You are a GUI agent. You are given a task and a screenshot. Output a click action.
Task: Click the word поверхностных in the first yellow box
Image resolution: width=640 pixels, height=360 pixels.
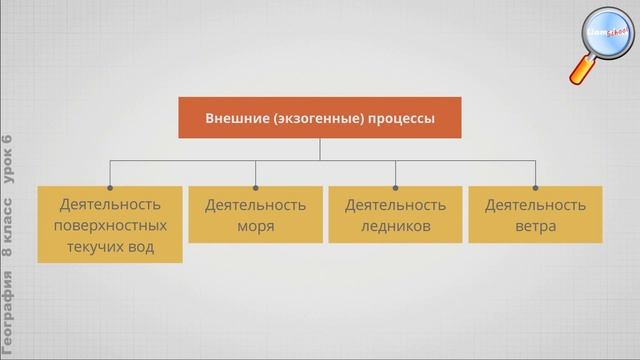click(110, 226)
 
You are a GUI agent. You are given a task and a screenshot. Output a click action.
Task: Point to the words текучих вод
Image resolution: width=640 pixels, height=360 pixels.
click(110, 247)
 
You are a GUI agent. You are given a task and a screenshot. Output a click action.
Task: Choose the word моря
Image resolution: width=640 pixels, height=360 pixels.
click(255, 226)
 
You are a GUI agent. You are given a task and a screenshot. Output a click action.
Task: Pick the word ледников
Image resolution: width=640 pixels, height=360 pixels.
click(395, 226)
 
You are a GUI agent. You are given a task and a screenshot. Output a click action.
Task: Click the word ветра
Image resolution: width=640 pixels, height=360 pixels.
click(535, 226)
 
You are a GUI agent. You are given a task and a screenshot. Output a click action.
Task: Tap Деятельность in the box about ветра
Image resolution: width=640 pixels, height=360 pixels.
click(535, 205)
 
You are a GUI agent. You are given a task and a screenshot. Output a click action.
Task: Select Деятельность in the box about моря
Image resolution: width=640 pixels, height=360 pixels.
click(255, 205)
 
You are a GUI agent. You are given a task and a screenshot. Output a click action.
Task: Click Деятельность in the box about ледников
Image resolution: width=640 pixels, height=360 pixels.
click(395, 205)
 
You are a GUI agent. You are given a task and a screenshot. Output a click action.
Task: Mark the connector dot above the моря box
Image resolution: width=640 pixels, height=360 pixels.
click(255, 185)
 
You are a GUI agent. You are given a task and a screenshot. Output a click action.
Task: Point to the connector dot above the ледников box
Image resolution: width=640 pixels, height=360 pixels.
click(395, 185)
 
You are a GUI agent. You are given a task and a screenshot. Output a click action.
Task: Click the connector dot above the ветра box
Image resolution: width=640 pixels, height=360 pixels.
click(535, 185)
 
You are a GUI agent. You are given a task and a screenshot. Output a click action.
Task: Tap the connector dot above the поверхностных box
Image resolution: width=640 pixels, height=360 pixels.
click(110, 185)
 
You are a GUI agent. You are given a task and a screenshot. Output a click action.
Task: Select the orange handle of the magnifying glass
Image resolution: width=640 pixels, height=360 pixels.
click(583, 71)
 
